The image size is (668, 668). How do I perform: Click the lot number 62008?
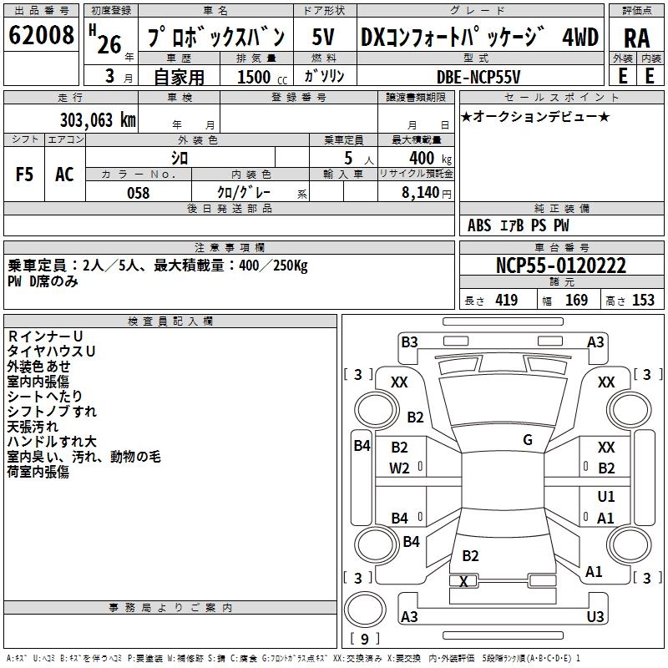[x=41, y=37]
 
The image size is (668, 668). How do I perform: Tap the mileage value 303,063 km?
[x=98, y=119]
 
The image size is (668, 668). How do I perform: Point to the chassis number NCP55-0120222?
[x=560, y=266]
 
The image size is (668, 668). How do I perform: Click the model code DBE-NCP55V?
[x=478, y=76]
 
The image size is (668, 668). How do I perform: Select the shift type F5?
[x=25, y=174]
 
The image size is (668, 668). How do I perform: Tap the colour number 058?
[x=138, y=193]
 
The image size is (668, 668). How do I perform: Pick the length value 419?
[x=506, y=300]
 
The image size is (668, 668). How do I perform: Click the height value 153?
[x=642, y=300]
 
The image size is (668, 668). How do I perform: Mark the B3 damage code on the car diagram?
[x=409, y=342]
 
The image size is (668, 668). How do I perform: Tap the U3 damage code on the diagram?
[x=595, y=617]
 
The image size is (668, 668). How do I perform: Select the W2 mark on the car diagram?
[x=400, y=468]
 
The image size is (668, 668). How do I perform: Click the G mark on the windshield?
[x=528, y=439]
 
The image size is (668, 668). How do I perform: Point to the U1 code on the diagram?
[x=606, y=497]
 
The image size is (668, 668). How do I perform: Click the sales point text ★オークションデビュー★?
[x=535, y=116]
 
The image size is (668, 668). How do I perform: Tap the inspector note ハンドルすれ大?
[x=52, y=441]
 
